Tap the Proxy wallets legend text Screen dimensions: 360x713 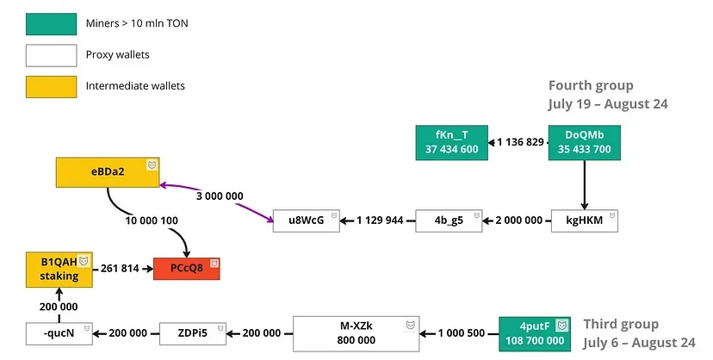(117, 55)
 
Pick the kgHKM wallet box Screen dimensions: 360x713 (585, 221)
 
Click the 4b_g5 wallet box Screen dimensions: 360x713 (449, 221)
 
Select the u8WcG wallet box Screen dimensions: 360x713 (306, 221)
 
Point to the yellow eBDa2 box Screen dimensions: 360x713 (108, 171)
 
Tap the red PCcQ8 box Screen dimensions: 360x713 (187, 268)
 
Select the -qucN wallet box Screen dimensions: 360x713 (59, 333)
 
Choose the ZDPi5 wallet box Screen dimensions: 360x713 (193, 333)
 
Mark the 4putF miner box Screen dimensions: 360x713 (534, 333)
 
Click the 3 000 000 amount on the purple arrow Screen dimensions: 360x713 (220, 196)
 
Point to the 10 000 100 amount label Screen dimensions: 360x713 (152, 221)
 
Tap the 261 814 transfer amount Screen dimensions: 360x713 (120, 269)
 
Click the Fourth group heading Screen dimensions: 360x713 (591, 85)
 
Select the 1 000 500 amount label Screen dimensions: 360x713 (462, 333)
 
